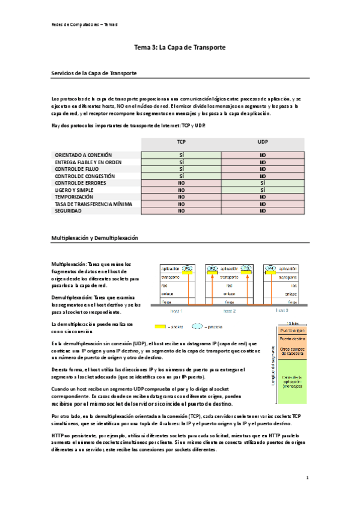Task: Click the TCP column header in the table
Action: click(181, 142)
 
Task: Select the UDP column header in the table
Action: click(263, 142)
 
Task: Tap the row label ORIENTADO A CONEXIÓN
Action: click(84, 155)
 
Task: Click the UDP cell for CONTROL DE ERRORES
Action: click(263, 183)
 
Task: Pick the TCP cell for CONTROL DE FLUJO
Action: click(181, 169)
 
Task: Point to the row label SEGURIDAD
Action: click(69, 211)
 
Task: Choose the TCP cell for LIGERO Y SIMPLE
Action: click(181, 190)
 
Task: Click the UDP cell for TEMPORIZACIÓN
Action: click(263, 197)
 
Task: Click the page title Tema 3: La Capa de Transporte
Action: click(180, 46)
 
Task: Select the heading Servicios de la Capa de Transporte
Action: click(95, 73)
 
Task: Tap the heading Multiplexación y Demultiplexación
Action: click(95, 238)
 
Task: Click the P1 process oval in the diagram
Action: click(188, 268)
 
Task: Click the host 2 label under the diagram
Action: click(229, 311)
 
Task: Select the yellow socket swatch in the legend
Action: click(160, 327)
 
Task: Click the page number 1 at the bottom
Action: click(307, 478)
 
